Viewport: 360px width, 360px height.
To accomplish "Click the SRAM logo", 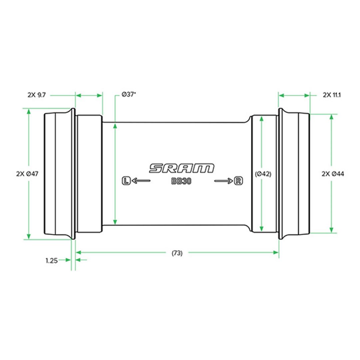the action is pos(182,168).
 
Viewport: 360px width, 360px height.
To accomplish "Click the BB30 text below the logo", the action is pos(181,181).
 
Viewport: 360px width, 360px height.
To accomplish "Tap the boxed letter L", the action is pos(126,180).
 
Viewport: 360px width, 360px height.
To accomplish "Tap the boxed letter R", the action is pos(238,181).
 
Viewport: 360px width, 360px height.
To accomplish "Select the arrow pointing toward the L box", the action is pos(141,181).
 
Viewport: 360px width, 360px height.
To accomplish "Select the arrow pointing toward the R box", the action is pos(223,181).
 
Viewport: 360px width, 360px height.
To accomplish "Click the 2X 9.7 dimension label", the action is pos(37,95).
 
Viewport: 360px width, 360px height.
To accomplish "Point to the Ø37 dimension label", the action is pos(129,94).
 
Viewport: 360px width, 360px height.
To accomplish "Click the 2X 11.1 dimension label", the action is pos(332,95).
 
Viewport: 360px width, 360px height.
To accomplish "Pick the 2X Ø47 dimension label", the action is pos(27,174).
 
